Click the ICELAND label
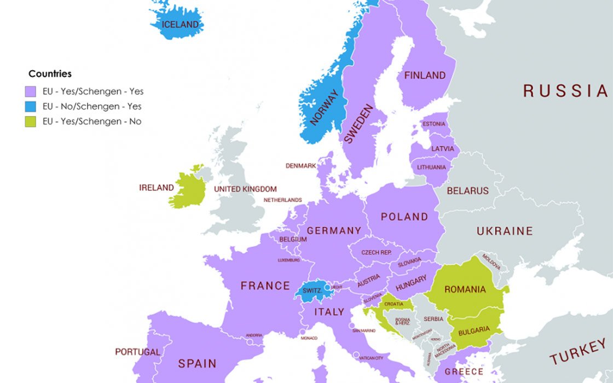pyautogui.click(x=180, y=25)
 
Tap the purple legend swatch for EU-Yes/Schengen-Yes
pyautogui.click(x=30, y=91)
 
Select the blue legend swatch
pyautogui.click(x=30, y=106)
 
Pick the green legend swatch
pyautogui.click(x=30, y=121)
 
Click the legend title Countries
pyautogui.click(x=50, y=74)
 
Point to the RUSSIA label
pyautogui.click(x=566, y=91)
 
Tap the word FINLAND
pyautogui.click(x=425, y=76)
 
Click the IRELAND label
pyautogui.click(x=156, y=188)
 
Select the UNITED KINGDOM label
pyautogui.click(x=245, y=189)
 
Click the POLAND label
pyautogui.click(x=404, y=217)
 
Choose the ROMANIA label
pyautogui.click(x=465, y=289)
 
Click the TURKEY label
pyautogui.click(x=578, y=351)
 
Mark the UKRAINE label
pyautogui.click(x=504, y=231)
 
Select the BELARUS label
pyautogui.click(x=467, y=191)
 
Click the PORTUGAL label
pyautogui.click(x=137, y=352)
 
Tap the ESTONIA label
pyautogui.click(x=434, y=124)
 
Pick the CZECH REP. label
pyautogui.click(x=376, y=253)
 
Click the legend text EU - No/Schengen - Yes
pyautogui.click(x=92, y=106)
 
